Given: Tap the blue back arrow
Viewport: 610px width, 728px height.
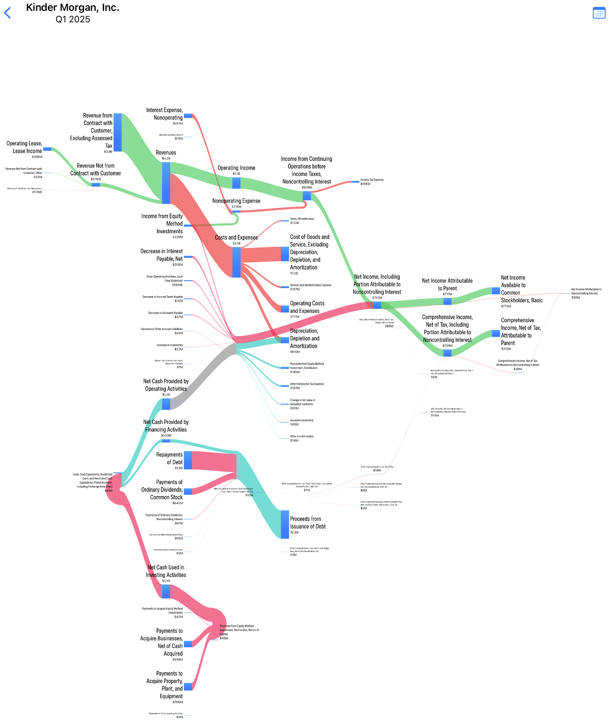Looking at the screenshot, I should tap(7, 13).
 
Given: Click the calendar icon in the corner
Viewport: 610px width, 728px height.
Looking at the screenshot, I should tap(599, 13).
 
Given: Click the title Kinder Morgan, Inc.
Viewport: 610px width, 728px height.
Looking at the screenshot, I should tap(72, 7).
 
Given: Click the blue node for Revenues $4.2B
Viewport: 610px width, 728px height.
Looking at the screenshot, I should tap(166, 183).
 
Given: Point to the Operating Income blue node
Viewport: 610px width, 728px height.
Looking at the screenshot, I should tap(236, 183).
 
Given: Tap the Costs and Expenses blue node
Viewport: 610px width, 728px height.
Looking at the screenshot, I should tap(236, 262).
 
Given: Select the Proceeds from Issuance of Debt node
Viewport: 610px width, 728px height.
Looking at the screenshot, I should tap(285, 524).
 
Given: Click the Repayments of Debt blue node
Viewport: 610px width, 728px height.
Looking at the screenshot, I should tap(188, 460).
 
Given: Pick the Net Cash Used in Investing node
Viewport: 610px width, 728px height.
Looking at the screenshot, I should tap(166, 591).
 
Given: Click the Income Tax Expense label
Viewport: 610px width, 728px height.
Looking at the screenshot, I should tap(372, 180).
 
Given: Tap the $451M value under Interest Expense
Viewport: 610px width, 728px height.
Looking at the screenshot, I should tap(178, 124).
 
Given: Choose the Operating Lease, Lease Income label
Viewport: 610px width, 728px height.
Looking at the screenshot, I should tap(24, 147).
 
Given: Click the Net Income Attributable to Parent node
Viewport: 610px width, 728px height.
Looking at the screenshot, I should tap(447, 301).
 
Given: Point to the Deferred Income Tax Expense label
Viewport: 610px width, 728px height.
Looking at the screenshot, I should tap(307, 384).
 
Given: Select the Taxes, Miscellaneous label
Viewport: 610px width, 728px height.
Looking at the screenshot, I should tap(302, 219).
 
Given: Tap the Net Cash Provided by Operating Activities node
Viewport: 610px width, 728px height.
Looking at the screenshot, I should tap(166, 404).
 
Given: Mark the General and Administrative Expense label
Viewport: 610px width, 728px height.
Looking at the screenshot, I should tap(310, 285).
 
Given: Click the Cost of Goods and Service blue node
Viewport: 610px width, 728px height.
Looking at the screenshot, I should tap(285, 254).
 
